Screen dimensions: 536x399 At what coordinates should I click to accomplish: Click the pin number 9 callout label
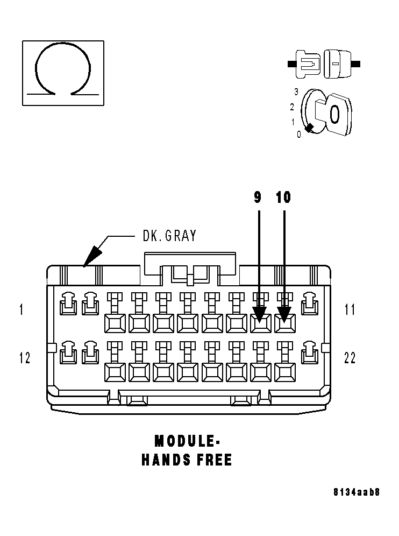(258, 198)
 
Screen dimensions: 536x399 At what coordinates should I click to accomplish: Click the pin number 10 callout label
(283, 198)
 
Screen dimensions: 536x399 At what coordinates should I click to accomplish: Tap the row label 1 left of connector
(22, 309)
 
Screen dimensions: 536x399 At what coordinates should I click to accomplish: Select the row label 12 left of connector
(25, 358)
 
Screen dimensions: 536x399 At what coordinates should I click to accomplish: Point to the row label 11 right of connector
(350, 309)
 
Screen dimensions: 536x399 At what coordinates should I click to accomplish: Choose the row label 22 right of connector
(350, 358)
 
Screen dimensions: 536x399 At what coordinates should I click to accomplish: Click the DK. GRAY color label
(169, 236)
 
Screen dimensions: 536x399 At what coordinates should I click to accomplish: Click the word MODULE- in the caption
(187, 441)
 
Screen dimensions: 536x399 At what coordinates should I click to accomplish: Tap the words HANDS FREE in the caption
(187, 460)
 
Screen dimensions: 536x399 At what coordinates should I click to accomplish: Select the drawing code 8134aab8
(357, 492)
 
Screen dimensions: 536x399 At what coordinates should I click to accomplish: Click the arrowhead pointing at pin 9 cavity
(259, 314)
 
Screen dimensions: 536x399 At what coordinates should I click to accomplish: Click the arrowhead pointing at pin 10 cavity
(284, 314)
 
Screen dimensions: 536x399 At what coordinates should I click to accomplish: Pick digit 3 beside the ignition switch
(296, 91)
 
